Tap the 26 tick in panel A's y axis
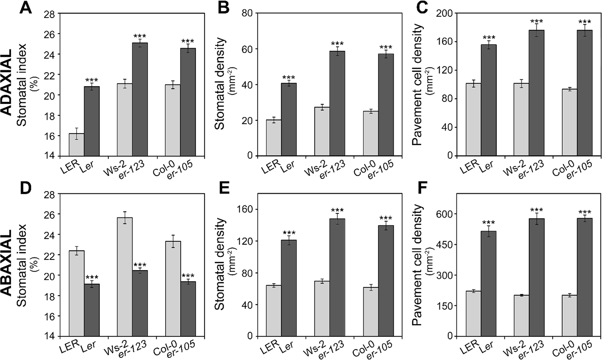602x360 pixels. tap(51, 34)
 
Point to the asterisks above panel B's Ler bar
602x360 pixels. tap(289, 78)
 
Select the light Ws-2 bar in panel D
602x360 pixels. tap(125, 277)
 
